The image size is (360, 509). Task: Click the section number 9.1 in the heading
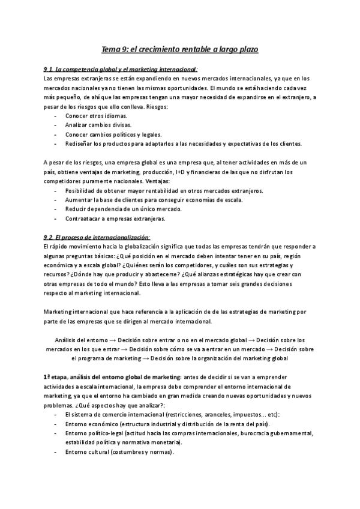click(49, 69)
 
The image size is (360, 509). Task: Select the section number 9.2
click(49, 237)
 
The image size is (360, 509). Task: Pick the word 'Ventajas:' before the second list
click(155, 181)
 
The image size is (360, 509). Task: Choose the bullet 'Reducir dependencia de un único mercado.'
click(122, 209)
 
